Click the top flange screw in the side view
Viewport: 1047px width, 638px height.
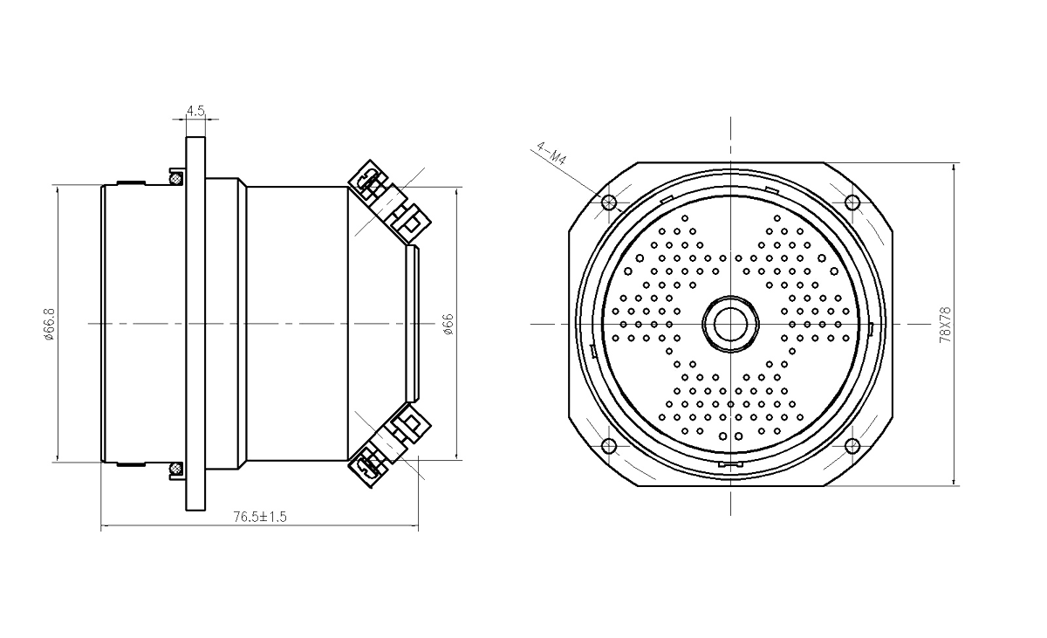pyautogui.click(x=175, y=178)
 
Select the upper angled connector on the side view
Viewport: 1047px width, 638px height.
pyautogui.click(x=391, y=198)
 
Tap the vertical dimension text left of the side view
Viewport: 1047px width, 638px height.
pyautogui.click(x=50, y=322)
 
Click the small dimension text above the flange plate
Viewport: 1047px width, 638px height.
pyautogui.click(x=195, y=111)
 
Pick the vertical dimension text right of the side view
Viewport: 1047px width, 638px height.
pyautogui.click(x=448, y=322)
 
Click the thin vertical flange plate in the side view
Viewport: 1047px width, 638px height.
pyautogui.click(x=196, y=322)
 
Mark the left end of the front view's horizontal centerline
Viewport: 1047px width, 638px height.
pyautogui.click(x=532, y=322)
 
